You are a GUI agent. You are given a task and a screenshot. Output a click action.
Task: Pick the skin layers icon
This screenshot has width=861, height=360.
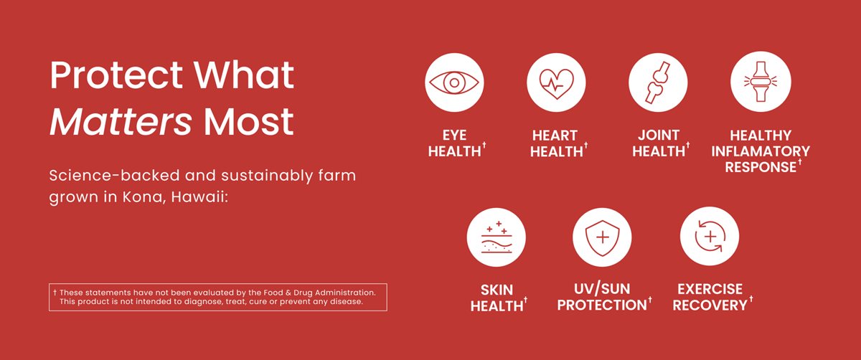coord(497,237)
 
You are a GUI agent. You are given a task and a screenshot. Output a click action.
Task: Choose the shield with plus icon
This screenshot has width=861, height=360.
coord(603,237)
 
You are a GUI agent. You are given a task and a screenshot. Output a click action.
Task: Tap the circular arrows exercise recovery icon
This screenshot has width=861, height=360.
coord(710,237)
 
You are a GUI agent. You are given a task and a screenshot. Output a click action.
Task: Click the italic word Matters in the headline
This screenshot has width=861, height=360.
coord(121,122)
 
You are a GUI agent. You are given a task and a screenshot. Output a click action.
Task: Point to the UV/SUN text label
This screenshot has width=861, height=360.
coord(603,290)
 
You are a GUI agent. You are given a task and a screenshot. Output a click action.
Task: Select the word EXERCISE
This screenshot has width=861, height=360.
coord(710,290)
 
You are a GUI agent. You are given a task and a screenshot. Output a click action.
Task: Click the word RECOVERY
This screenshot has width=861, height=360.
coord(710,305)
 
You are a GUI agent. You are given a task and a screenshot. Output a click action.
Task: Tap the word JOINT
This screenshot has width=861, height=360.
coord(659,136)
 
